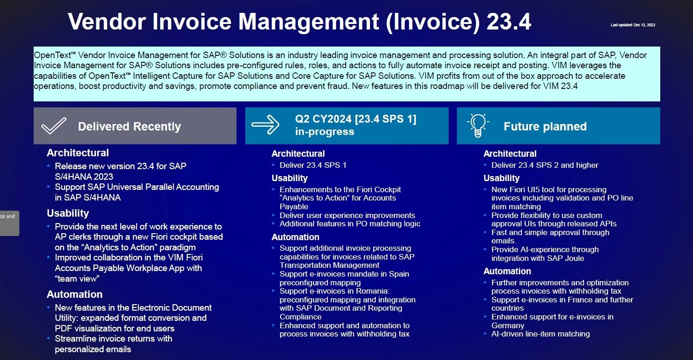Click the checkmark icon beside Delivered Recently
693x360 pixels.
pyautogui.click(x=54, y=126)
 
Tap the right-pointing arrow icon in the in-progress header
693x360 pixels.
pyautogui.click(x=265, y=124)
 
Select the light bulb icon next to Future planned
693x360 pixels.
pyautogui.click(x=478, y=125)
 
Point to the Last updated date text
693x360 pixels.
pyautogui.click(x=633, y=25)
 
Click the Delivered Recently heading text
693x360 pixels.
pyautogui.click(x=129, y=127)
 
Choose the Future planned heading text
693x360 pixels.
pyautogui.click(x=545, y=127)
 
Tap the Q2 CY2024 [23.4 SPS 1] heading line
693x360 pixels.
pyautogui.click(x=355, y=119)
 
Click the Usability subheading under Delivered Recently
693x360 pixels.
pyautogui.click(x=68, y=213)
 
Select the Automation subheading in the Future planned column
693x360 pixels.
pyautogui.click(x=507, y=271)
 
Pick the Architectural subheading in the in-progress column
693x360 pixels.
pyautogui.click(x=298, y=153)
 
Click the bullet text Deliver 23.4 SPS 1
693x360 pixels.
pyautogui.click(x=313, y=165)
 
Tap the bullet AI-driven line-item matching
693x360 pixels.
pyautogui.click(x=540, y=334)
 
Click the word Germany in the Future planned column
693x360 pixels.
pyautogui.click(x=508, y=325)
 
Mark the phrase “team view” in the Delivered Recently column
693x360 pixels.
pyautogui.click(x=77, y=279)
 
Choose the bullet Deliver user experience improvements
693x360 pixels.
pyautogui.click(x=347, y=215)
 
